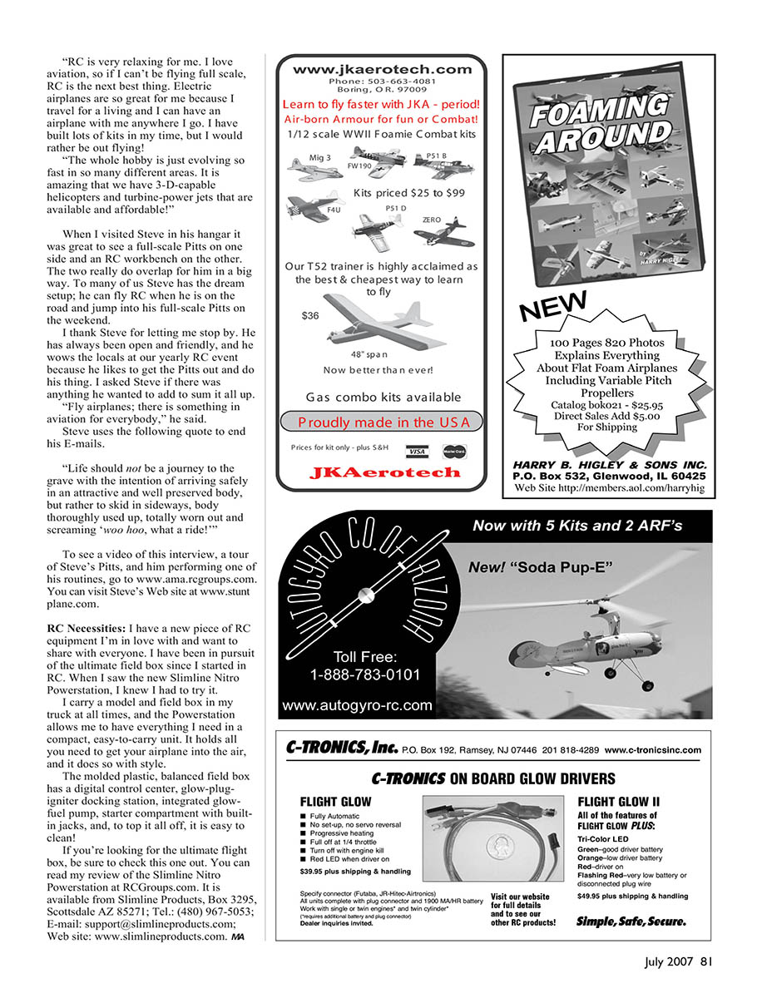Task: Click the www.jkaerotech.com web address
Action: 382,69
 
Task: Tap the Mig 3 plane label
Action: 319,158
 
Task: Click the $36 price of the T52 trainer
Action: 310,316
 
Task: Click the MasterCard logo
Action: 453,451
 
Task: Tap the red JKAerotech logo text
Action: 384,472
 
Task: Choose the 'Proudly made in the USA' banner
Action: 384,422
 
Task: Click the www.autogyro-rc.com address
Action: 357,706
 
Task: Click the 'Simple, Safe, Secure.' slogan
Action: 631,922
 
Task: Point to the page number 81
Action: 706,963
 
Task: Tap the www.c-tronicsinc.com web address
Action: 652,749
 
